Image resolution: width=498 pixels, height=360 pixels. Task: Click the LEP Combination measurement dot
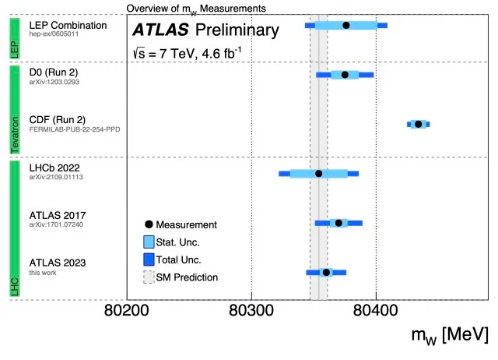pos(346,25)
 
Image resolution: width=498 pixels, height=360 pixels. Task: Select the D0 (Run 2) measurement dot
pos(345,75)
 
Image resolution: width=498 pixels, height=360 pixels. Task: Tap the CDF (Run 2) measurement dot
pos(419,124)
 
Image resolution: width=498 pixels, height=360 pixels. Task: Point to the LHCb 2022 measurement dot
pos(319,173)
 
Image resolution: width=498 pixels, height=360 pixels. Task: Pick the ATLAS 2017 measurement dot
pos(338,223)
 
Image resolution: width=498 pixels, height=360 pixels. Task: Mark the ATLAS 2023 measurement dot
pos(326,272)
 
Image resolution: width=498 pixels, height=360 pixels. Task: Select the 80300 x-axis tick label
pos(251,319)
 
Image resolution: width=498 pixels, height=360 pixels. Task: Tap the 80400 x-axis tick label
pos(376,319)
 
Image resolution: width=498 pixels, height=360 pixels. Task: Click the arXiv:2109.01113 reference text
pos(55,178)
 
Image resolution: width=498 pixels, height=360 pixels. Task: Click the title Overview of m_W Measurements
pos(196,7)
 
